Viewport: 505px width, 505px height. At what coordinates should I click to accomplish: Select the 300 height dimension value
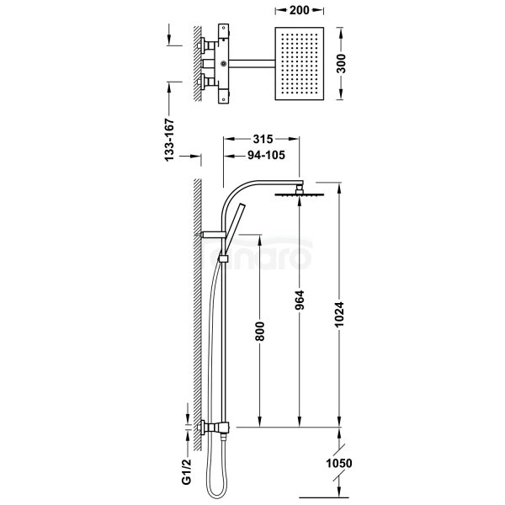point(343,64)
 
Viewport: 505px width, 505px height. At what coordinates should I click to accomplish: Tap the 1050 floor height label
point(340,465)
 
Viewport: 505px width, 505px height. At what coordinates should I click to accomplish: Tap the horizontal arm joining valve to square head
point(252,64)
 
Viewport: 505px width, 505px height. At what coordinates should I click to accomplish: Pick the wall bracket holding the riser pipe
point(210,233)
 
